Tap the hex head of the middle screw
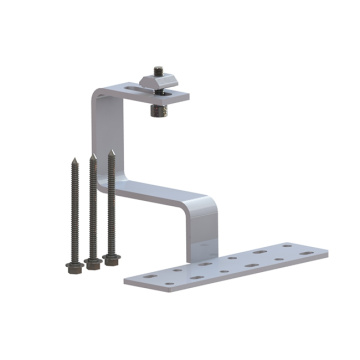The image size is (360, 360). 93,262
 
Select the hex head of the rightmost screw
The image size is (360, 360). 112,257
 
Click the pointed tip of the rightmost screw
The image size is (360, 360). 111,151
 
